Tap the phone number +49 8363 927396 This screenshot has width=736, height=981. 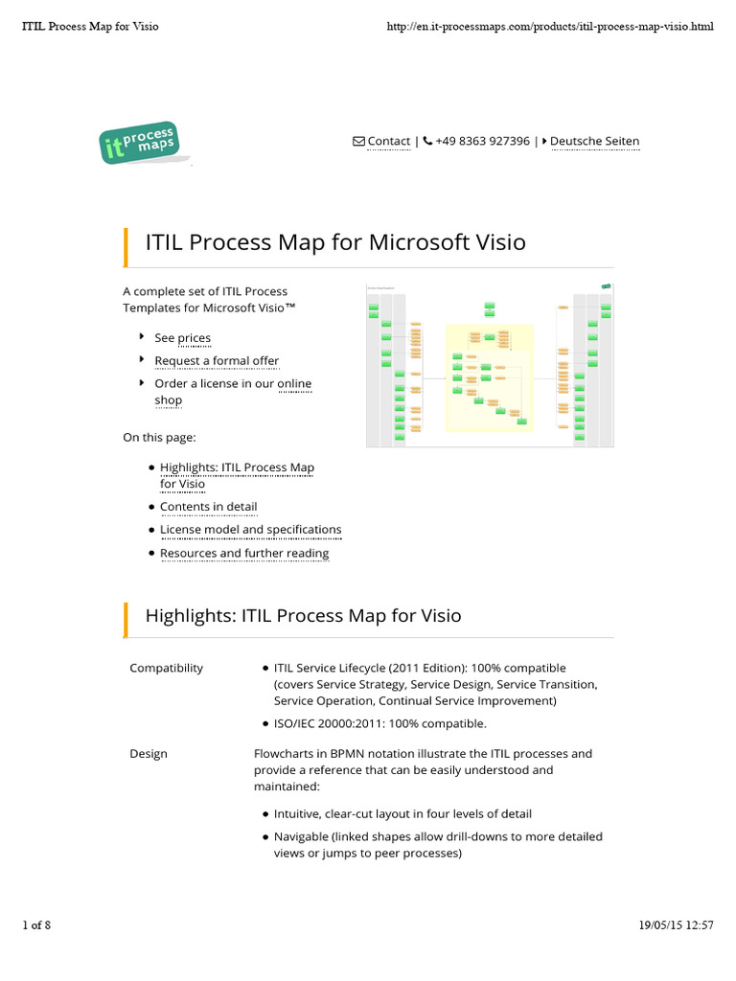coord(482,141)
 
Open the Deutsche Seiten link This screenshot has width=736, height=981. coord(594,141)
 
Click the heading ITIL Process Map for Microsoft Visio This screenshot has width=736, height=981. coord(335,241)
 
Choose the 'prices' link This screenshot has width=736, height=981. coord(194,338)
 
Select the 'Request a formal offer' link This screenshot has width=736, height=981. coord(217,361)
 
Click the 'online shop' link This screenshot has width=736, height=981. coord(294,384)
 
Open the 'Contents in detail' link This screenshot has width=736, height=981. coord(208,507)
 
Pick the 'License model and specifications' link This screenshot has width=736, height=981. coord(250,530)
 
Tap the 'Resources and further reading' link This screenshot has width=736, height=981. coord(243,553)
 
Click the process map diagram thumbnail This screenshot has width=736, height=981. coord(490,365)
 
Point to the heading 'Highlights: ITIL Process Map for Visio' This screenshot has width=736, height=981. coord(303,615)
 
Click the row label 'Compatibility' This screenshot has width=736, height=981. coord(166,668)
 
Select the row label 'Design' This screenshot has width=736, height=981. coord(149,754)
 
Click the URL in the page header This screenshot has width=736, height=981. coord(549,26)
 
